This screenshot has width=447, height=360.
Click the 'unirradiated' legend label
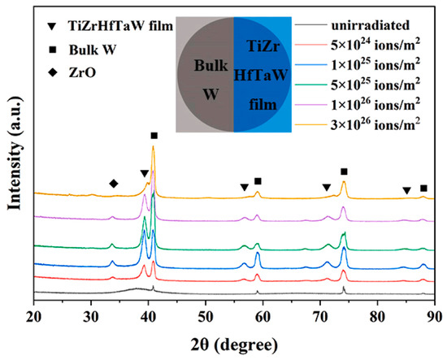tap(370, 25)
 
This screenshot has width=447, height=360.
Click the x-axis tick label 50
tap(206, 317)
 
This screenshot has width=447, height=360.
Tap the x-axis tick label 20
tap(33, 317)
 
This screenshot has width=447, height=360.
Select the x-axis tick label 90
tap(435, 317)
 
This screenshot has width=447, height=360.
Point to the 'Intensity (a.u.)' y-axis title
tap(15, 153)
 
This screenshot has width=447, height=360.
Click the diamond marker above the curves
tap(114, 184)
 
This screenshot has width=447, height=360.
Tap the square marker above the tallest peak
tap(154, 136)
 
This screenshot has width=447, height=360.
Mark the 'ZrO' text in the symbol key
tap(82, 72)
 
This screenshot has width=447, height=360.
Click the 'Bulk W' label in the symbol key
tap(93, 50)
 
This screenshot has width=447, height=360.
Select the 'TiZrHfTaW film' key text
tap(121, 26)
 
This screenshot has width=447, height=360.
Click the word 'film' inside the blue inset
tap(263, 105)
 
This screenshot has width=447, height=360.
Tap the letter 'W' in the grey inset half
tap(210, 94)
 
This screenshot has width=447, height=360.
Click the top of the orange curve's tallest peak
tap(153, 146)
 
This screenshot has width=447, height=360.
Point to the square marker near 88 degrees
tap(423, 188)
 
